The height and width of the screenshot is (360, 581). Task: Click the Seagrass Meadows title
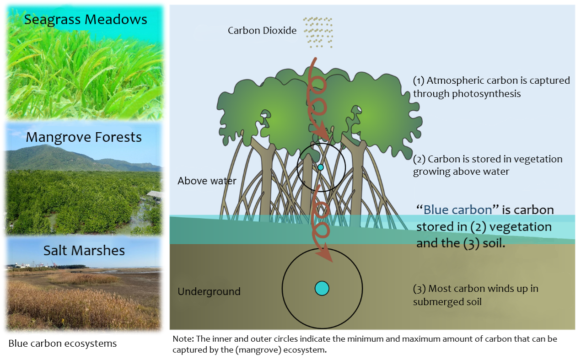pyautogui.click(x=86, y=20)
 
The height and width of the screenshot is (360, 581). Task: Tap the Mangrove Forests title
pyautogui.click(x=84, y=138)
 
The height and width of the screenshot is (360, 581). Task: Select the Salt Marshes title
pyautogui.click(x=84, y=251)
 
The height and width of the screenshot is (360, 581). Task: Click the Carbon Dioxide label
pyautogui.click(x=262, y=31)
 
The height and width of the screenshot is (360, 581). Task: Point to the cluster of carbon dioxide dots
pyautogui.click(x=318, y=32)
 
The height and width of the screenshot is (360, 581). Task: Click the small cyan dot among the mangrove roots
pyautogui.click(x=321, y=167)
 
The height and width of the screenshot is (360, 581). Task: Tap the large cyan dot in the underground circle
pyautogui.click(x=322, y=289)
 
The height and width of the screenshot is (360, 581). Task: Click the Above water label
pyautogui.click(x=207, y=181)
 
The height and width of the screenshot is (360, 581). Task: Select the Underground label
pyautogui.click(x=209, y=291)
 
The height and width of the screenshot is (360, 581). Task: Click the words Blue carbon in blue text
pyautogui.click(x=458, y=210)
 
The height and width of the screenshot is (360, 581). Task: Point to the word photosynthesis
pyautogui.click(x=486, y=94)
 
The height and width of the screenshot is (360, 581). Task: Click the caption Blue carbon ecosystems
pyautogui.click(x=63, y=344)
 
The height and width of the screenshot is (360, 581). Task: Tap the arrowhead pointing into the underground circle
pyautogui.click(x=326, y=255)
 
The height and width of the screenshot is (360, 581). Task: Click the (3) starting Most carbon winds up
pyautogui.click(x=419, y=289)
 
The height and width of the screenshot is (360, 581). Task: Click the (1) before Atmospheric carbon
pyautogui.click(x=419, y=81)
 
